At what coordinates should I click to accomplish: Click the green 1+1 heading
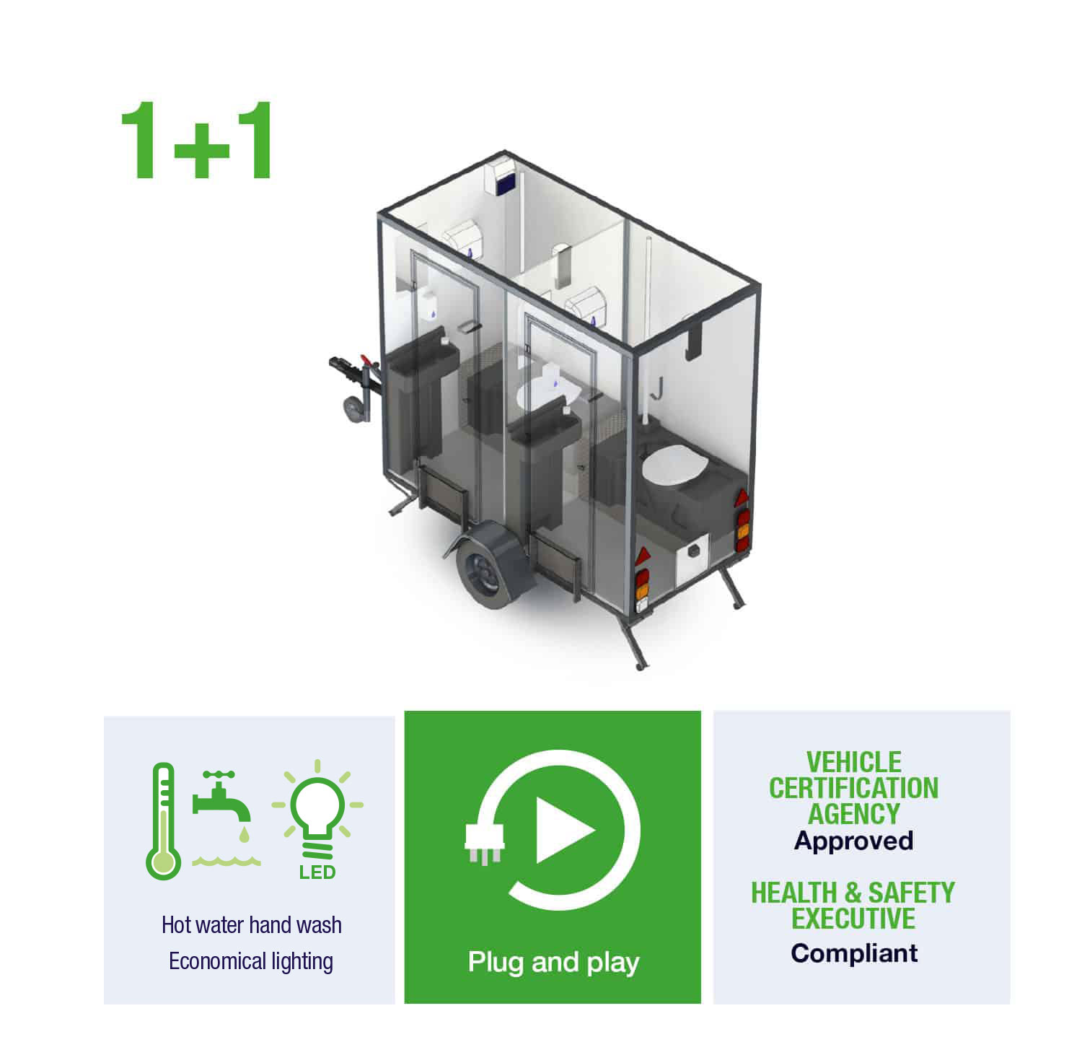196,140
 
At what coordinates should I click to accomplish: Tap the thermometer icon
164,821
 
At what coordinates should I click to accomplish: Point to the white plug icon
485,843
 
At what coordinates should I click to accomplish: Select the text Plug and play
553,963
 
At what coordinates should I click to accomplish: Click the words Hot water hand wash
252,925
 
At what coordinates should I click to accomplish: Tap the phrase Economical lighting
251,962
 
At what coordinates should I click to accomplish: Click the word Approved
854,841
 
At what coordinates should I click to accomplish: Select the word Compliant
854,953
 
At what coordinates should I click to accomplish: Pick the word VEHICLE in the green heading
854,762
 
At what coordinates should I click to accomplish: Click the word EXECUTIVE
853,919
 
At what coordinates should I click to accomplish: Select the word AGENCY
854,814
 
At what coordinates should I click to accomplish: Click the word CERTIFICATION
854,788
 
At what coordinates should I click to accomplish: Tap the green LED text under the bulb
317,872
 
